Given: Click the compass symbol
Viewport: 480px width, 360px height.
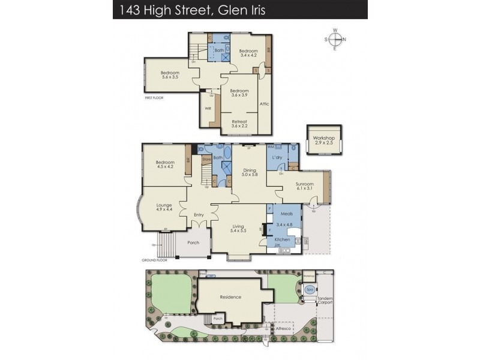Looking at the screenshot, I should pos(336,40).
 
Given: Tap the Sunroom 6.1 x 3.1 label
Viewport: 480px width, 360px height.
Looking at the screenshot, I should pos(304,187).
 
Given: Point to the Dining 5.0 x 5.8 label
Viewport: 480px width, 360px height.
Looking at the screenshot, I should pos(250,172).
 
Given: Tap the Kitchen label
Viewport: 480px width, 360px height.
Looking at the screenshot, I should pos(282,239).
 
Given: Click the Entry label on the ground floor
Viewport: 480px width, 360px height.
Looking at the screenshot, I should pos(199,215).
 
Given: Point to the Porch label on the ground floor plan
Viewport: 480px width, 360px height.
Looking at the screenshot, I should pos(194,243).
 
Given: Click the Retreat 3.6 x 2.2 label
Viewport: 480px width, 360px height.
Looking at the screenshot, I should pos(239,123).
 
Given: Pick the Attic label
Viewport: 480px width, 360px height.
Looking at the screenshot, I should pos(264,104).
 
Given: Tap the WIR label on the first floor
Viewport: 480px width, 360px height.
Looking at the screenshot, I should pos(208,109).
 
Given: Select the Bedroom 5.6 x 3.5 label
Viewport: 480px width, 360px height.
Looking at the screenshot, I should pos(170,75).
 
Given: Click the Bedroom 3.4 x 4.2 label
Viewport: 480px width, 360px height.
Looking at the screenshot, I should pos(248,53).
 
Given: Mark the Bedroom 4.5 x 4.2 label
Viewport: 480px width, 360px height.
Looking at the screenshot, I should pos(165,164).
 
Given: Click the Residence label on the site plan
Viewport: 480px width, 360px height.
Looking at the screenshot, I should pos(230,297).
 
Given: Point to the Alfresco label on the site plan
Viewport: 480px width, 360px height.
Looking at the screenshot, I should pos(283,329).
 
